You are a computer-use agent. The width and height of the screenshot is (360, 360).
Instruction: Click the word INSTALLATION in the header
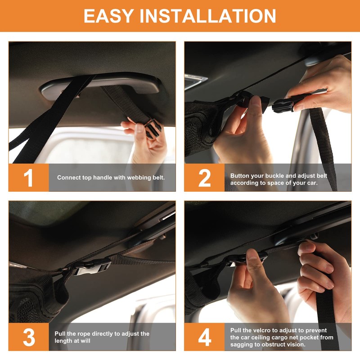point(208,16)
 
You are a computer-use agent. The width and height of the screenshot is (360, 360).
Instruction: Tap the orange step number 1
point(28,178)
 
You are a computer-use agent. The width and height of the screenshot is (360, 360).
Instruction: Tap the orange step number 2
point(204,178)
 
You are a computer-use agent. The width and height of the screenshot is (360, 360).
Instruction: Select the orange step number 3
point(29,337)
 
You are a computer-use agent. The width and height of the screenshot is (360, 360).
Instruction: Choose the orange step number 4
point(205,337)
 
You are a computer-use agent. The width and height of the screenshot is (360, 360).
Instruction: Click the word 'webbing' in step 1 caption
point(139,178)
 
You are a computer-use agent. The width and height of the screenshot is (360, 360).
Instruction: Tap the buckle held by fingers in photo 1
point(152,129)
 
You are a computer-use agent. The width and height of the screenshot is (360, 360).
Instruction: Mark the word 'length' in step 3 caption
point(62,341)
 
